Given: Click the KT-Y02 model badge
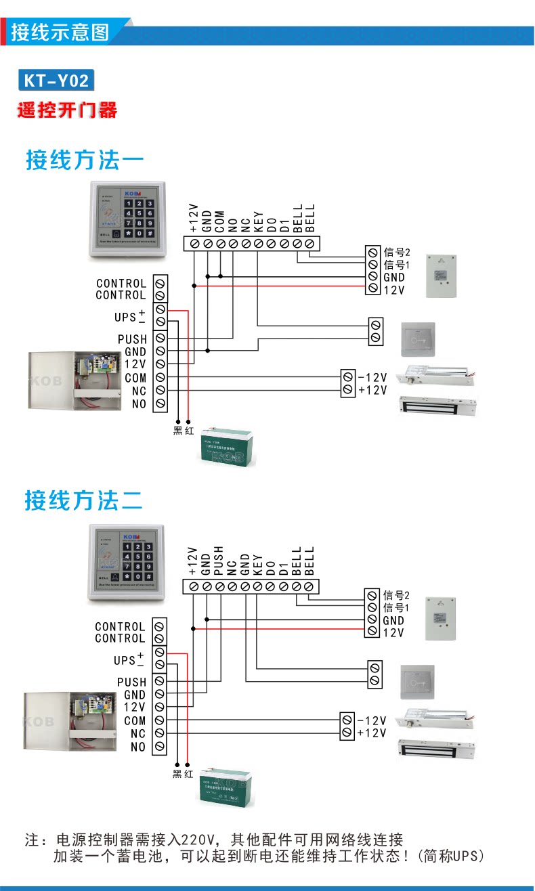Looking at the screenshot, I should click(56, 81).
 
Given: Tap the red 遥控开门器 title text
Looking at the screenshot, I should click(67, 110).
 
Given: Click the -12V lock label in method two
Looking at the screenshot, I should click(372, 720).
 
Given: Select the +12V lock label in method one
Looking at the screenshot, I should click(372, 390).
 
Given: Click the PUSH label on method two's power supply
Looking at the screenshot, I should click(131, 682).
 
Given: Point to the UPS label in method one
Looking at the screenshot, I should click(125, 317).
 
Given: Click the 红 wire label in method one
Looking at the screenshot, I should click(189, 431).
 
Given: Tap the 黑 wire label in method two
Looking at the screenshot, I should click(177, 773).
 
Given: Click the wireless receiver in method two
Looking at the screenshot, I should click(442, 617).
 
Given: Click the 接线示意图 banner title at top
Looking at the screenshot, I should click(60, 32).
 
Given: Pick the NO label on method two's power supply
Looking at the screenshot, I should click(138, 747).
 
